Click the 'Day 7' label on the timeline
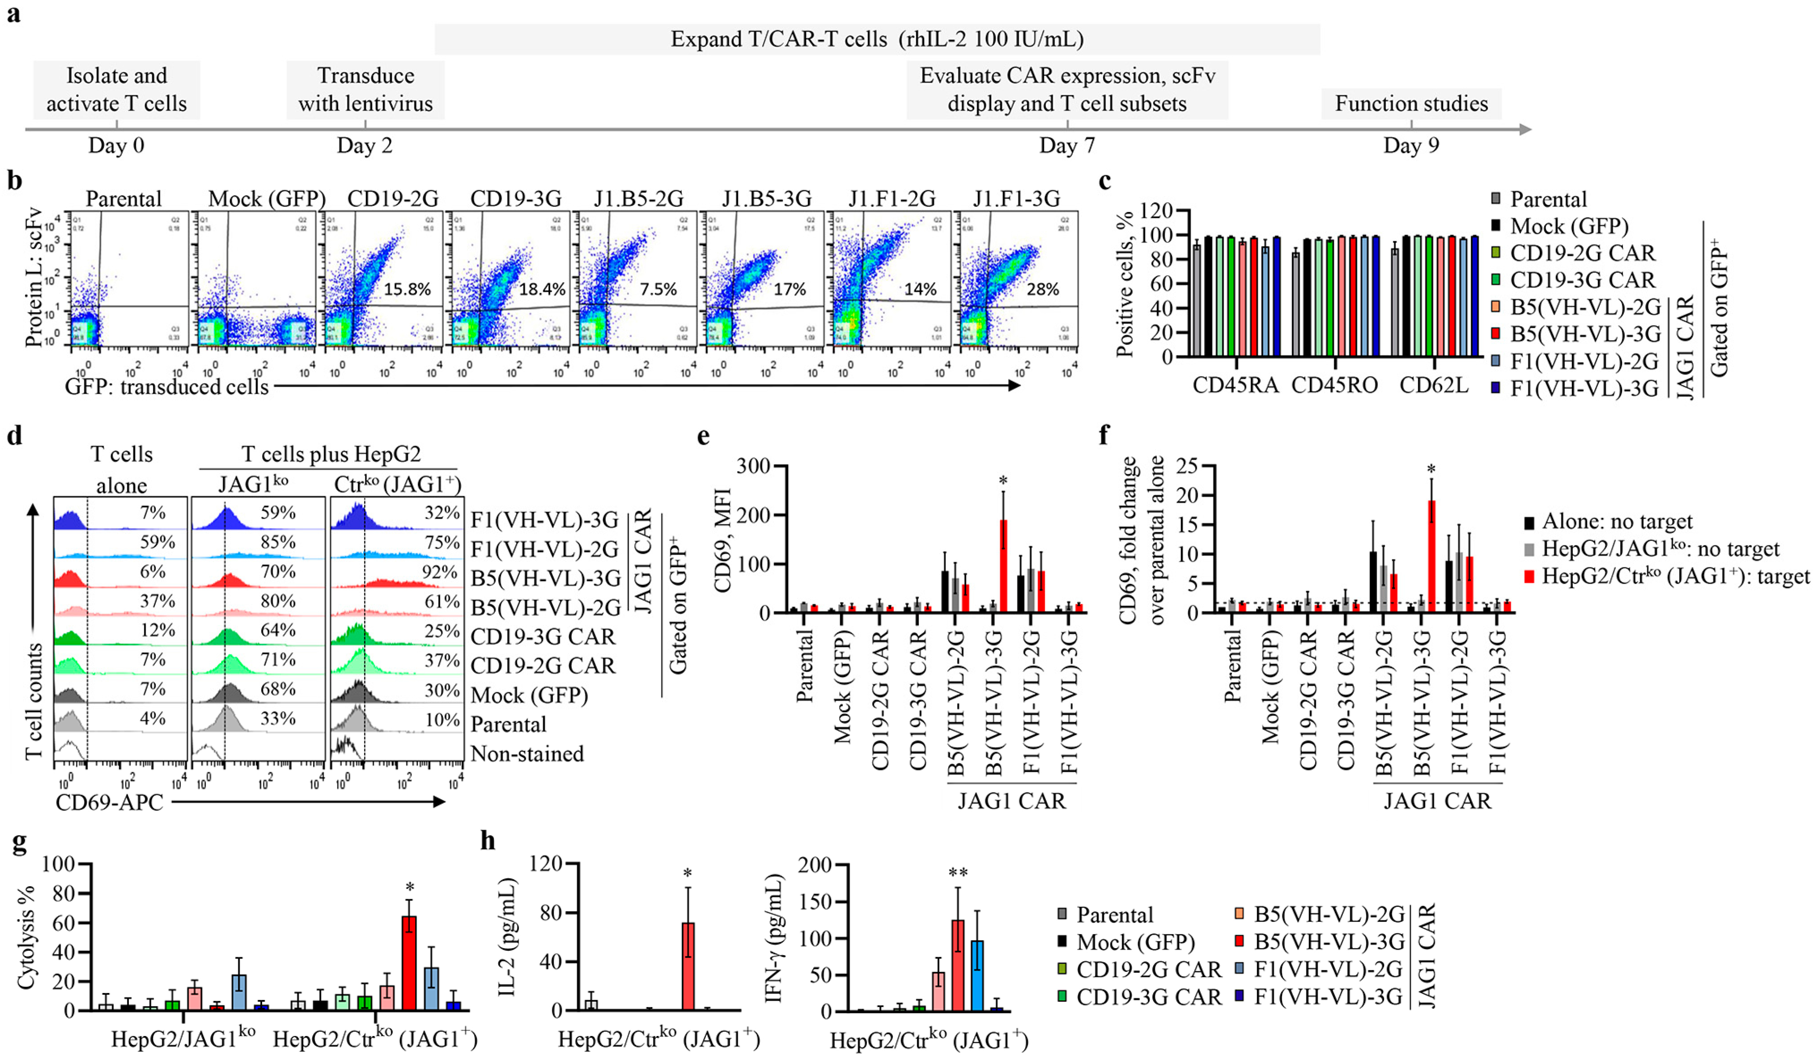click(x=1067, y=145)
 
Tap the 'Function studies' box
click(x=1411, y=104)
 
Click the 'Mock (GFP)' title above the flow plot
click(x=267, y=199)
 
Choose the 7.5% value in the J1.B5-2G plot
click(x=658, y=290)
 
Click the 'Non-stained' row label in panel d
click(x=527, y=754)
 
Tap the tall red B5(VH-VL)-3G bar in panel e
click(x=1002, y=565)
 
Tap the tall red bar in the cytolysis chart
click(x=409, y=963)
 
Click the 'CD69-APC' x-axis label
click(x=110, y=802)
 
